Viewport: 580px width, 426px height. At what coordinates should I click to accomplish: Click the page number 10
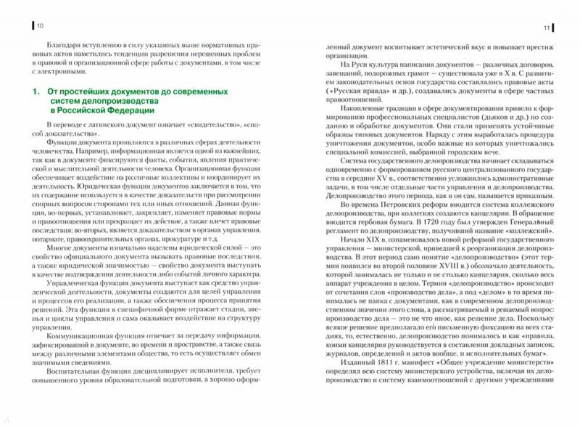coord(40,26)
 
